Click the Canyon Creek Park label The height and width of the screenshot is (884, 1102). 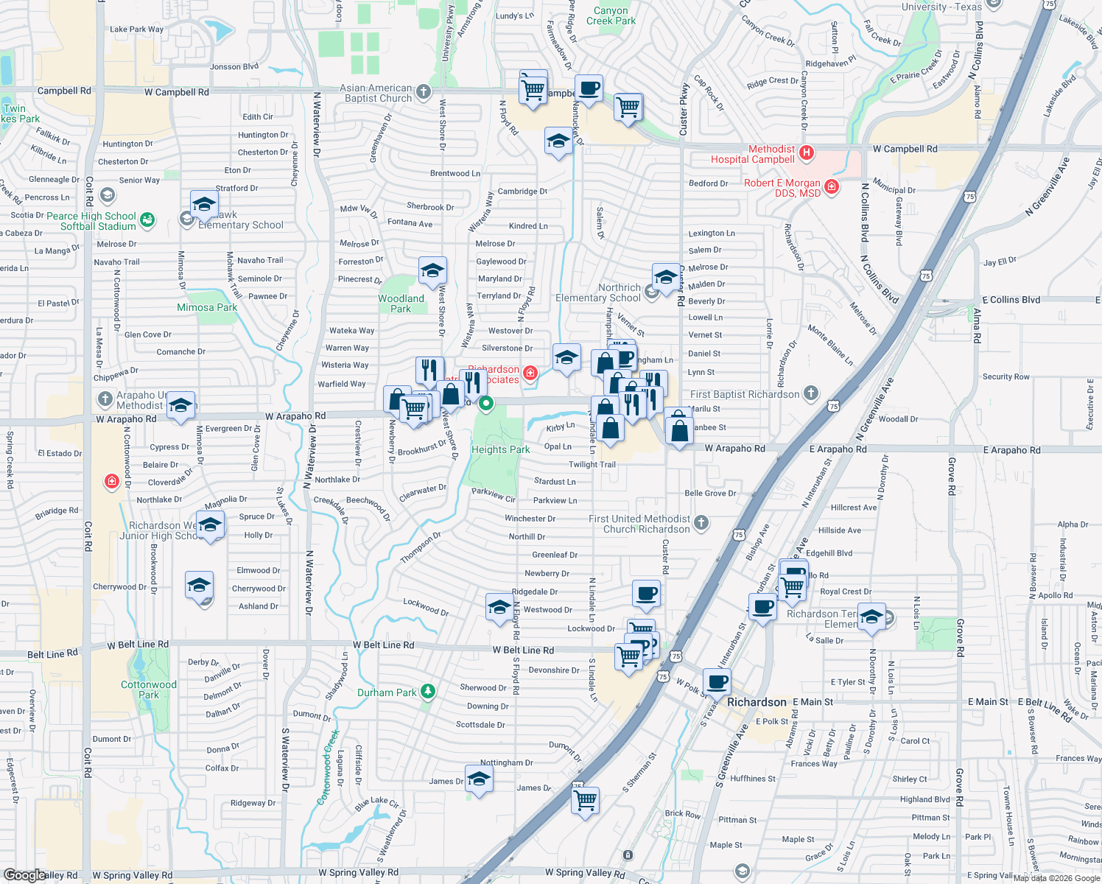[x=611, y=15]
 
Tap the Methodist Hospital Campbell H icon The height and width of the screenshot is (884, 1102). [x=807, y=153]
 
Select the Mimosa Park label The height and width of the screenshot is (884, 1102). [x=206, y=307]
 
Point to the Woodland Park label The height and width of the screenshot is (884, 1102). [x=401, y=304]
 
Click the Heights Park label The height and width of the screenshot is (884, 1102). [x=500, y=449]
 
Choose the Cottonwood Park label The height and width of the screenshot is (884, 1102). [x=149, y=690]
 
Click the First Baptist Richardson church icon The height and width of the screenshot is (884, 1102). [x=810, y=393]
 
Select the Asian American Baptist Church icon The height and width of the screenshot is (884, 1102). [x=423, y=92]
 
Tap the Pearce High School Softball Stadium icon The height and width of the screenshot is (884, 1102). [x=147, y=220]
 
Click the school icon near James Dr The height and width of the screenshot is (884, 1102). [x=479, y=779]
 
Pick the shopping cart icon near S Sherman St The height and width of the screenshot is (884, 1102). [x=586, y=799]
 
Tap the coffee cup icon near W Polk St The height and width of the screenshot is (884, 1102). [x=717, y=681]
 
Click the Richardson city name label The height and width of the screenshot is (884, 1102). [x=757, y=702]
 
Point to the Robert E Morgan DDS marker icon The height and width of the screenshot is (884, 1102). [x=832, y=187]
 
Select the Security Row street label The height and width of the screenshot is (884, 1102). [x=1006, y=376]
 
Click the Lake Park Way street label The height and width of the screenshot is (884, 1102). [x=136, y=29]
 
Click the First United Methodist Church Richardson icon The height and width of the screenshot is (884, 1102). [x=701, y=523]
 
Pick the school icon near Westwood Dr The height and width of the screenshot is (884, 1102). [x=499, y=606]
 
